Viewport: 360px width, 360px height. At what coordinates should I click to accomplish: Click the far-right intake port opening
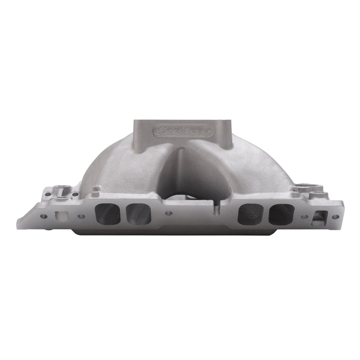click(281, 213)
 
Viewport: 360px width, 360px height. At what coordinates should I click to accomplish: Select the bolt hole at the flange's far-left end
click(44, 217)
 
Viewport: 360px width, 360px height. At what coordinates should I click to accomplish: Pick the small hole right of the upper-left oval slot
click(75, 194)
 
